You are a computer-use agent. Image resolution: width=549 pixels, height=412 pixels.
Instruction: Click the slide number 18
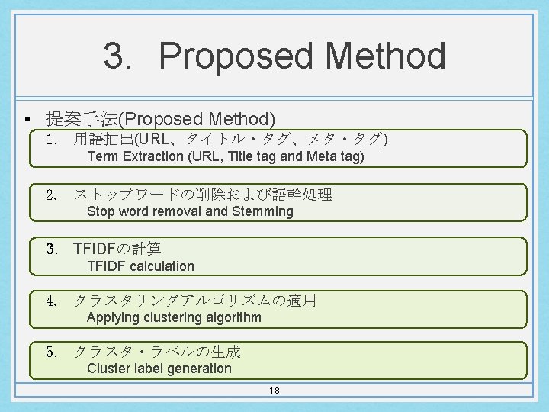[274, 391]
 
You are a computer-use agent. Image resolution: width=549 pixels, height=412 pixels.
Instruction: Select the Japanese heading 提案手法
[82, 119]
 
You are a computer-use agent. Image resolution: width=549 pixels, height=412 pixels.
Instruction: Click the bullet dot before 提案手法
[27, 120]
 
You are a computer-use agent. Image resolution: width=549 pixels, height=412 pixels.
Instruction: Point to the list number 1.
[52, 140]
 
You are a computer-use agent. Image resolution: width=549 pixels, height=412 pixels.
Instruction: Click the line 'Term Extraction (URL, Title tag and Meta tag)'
[226, 157]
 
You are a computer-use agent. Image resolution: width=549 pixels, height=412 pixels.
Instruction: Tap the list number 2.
[52, 195]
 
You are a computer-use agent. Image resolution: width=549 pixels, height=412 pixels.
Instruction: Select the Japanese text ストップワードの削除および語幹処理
[202, 195]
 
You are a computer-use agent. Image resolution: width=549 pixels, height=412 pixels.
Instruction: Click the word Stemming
[263, 211]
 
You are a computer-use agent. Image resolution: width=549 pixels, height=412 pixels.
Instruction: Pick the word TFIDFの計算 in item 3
[117, 249]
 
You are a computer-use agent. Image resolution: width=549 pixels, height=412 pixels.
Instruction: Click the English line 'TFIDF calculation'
[140, 266]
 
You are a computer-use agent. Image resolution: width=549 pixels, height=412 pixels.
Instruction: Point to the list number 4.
[52, 301]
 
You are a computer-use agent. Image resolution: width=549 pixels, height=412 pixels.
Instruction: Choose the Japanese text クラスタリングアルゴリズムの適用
[194, 301]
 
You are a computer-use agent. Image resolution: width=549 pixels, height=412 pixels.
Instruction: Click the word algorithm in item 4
[228, 317]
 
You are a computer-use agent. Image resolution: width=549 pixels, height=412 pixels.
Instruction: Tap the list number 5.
[52, 352]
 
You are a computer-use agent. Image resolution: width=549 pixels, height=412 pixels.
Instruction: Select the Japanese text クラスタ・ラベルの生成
[156, 352]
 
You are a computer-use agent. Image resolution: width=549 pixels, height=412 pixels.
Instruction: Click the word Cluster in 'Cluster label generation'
[108, 369]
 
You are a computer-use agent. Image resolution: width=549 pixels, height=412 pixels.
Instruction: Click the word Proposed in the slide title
[236, 56]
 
